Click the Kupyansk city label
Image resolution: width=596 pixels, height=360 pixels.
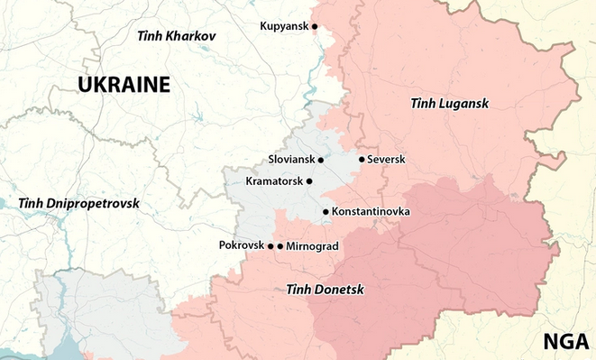tap(283, 26)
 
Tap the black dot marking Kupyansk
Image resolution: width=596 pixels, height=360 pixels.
tap(316, 26)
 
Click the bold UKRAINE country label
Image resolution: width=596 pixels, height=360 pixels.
tap(124, 85)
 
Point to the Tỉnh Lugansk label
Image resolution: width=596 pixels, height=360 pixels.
tap(448, 105)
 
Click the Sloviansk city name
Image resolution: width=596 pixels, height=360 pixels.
tap(291, 160)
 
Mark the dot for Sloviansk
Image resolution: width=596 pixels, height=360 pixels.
tap(321, 160)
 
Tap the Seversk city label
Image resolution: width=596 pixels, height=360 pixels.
tap(387, 160)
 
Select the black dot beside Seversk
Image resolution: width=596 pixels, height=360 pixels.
tap(362, 160)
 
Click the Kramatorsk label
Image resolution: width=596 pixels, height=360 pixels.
tap(274, 181)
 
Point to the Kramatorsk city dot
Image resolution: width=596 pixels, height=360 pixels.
tap(309, 181)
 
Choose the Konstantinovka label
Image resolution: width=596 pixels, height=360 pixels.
tap(371, 212)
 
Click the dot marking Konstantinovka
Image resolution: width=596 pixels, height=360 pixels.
tap(326, 212)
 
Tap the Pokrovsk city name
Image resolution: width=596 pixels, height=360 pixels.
tap(241, 245)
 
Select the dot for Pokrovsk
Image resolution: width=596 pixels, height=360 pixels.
tap(270, 245)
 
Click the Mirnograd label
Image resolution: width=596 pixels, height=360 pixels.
tap(312, 245)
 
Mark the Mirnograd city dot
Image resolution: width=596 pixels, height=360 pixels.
tap(280, 245)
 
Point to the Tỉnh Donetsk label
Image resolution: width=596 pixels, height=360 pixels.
tap(325, 290)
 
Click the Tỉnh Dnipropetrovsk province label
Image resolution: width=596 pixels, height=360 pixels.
tap(78, 203)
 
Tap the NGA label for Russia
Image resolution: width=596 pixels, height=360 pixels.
tap(565, 341)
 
